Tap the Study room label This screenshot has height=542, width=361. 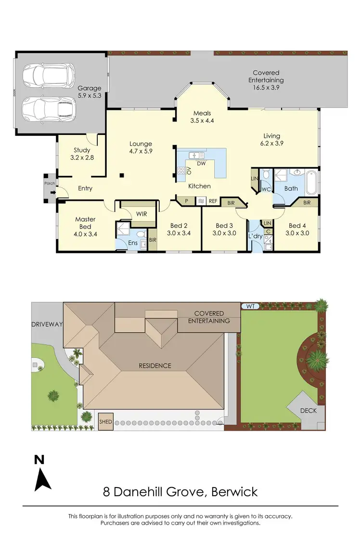tap(82, 150)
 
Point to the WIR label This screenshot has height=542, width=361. tap(142, 213)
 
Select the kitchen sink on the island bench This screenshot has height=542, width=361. tap(196, 155)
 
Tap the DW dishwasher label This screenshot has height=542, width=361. tap(202, 164)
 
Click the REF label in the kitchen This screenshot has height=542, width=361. tap(213, 201)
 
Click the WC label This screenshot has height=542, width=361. tap(266, 189)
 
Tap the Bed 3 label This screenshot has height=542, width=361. tap(224, 225)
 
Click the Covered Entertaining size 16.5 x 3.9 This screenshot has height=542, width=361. tap(266, 88)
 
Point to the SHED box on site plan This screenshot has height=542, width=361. tap(105, 422)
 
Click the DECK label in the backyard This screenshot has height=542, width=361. tap(308, 410)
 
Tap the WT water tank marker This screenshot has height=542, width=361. tap(250, 306)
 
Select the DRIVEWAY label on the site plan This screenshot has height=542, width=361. tap(47, 324)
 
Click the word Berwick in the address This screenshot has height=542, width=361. tap(233, 492)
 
